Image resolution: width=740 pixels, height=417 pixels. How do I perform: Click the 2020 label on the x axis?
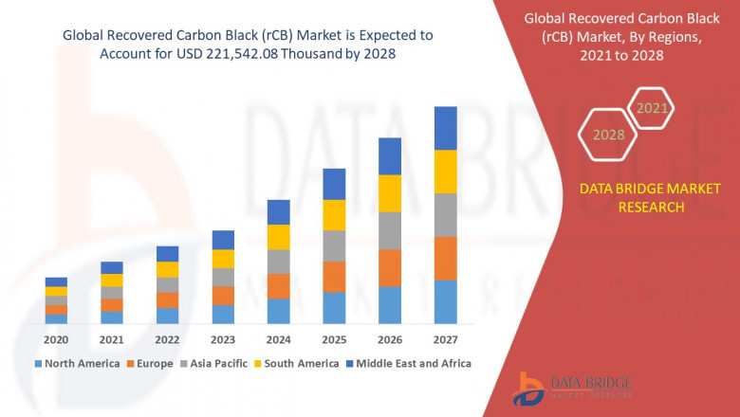(x=56, y=340)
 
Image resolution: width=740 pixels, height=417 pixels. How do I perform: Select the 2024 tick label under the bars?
(x=278, y=340)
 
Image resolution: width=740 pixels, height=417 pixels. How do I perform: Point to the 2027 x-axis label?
(x=445, y=340)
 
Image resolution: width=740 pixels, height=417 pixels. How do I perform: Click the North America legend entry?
(x=77, y=363)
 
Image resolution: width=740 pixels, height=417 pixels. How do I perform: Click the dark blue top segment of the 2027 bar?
(x=445, y=128)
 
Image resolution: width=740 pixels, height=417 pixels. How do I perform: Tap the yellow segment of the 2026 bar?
(x=389, y=193)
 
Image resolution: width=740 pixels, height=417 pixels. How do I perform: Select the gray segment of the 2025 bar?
(x=334, y=245)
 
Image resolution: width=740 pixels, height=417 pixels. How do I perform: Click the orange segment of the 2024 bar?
(x=278, y=286)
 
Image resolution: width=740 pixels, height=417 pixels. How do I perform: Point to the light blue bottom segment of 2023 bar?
(x=223, y=314)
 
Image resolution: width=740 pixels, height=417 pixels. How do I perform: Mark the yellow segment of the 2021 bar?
(x=112, y=280)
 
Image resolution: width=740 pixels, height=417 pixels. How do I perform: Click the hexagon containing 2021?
(x=652, y=109)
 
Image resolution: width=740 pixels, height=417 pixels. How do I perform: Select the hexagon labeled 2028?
(x=608, y=135)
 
